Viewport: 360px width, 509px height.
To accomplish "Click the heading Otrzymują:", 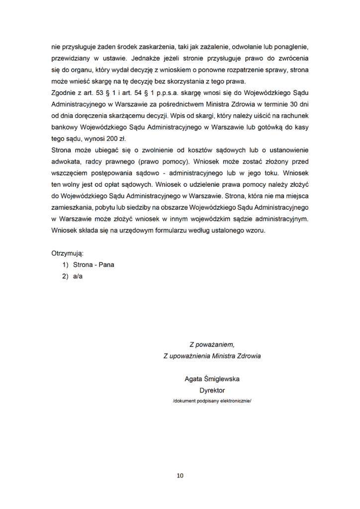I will (67, 253).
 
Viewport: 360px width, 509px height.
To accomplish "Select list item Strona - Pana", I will (93, 264).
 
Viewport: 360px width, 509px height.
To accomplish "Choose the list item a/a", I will (78, 276).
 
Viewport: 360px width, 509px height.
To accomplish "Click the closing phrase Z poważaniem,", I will (212, 344).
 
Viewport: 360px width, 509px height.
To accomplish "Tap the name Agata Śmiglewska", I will (212, 379).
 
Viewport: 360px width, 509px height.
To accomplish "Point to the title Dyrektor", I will (212, 390).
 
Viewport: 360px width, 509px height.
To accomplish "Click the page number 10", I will (180, 476).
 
